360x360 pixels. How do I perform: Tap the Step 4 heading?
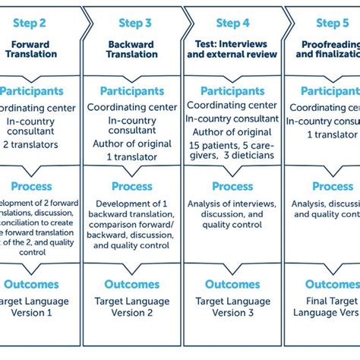point(232,22)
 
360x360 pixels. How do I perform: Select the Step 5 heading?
point(333,22)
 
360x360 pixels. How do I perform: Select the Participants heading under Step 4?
point(232,91)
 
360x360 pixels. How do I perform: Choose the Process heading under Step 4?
point(232,186)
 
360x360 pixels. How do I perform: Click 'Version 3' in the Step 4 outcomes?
point(232,312)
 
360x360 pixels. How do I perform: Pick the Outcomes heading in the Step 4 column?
point(232,284)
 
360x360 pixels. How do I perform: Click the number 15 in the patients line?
point(196,145)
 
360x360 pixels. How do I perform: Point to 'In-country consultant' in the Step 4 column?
point(232,118)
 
